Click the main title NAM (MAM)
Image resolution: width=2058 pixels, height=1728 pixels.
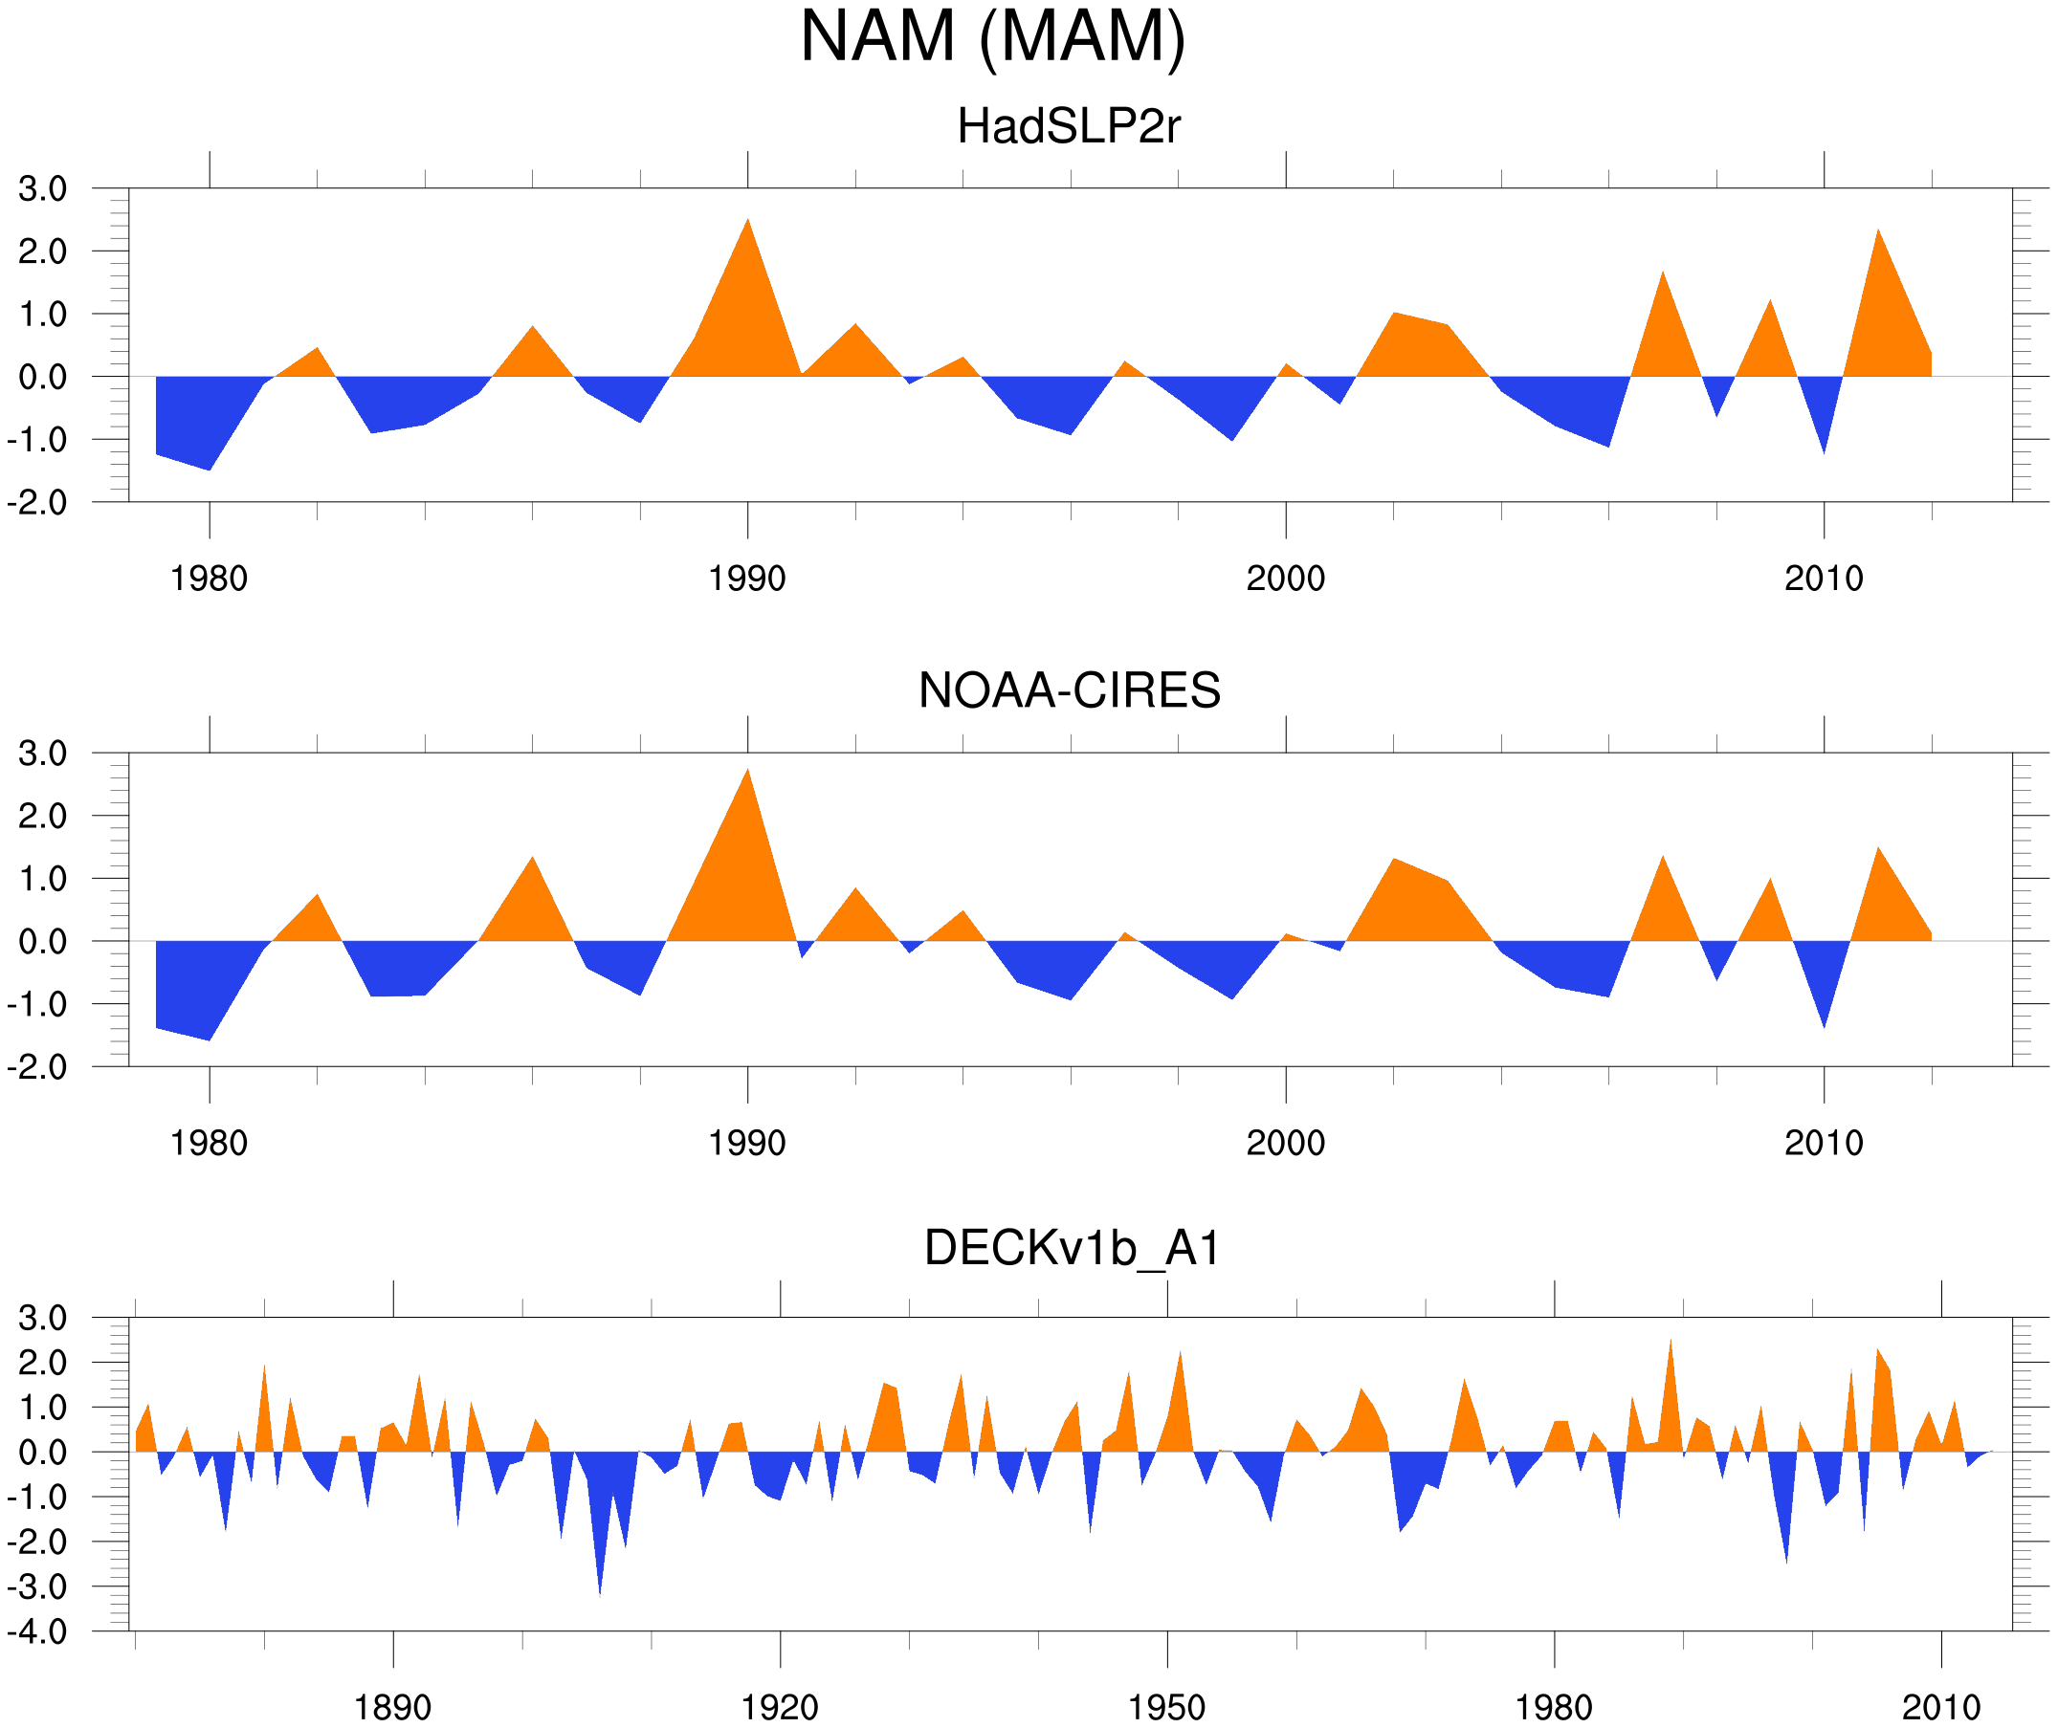(993, 37)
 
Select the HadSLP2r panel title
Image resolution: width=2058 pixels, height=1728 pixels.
(1068, 127)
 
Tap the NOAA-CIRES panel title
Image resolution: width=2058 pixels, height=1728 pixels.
(1069, 690)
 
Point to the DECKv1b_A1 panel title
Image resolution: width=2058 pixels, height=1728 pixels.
(1073, 1248)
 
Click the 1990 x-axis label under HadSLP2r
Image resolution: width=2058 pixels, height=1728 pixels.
(747, 579)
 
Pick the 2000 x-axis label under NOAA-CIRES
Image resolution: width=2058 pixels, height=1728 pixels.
(1285, 1143)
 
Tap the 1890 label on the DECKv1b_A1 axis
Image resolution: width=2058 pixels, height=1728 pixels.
(392, 1707)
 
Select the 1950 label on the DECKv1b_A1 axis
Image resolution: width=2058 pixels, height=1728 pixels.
(1166, 1707)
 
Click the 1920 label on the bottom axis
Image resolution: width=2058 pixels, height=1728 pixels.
(779, 1707)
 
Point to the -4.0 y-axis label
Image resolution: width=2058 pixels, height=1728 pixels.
(37, 1632)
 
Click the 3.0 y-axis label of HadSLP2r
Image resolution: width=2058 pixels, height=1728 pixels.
(43, 189)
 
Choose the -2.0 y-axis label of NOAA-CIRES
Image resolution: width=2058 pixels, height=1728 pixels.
(37, 1067)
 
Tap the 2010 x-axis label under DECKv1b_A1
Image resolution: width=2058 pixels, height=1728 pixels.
(1940, 1707)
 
